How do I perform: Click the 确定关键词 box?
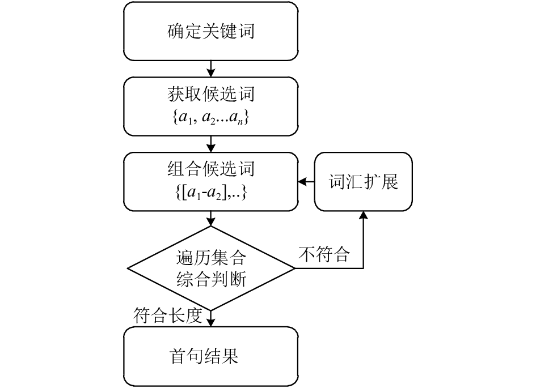tap(211, 31)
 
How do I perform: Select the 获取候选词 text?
tap(211, 94)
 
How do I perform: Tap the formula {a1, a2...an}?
tap(211, 118)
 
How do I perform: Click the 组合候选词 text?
tap(211, 169)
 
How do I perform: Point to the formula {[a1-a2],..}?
tap(211, 193)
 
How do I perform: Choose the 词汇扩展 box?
tap(364, 182)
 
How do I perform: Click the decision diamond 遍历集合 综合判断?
tap(211, 268)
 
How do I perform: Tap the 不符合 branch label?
tap(324, 254)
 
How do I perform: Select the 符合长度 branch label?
tap(168, 315)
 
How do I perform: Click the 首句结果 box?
tap(211, 357)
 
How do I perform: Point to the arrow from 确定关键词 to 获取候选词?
tap(211, 69)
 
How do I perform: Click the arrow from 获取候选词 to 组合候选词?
tap(211, 144)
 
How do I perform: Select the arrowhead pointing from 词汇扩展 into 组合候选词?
tap(302, 182)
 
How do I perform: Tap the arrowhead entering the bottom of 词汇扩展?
tap(364, 215)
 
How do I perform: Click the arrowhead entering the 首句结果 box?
tap(211, 322)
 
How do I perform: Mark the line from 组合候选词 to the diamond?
tap(211, 219)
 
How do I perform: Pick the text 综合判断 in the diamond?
tap(211, 279)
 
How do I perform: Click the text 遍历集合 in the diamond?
tap(211, 258)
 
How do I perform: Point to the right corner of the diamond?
tap(295, 268)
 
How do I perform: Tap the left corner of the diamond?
tap(127, 268)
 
